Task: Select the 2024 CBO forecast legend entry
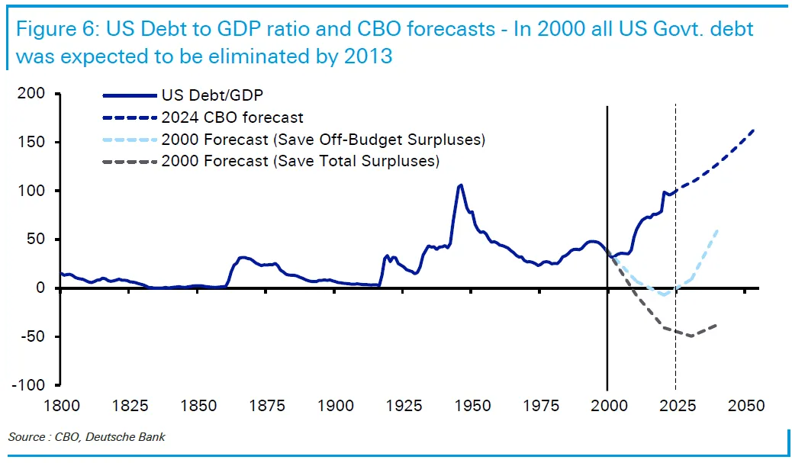[x=232, y=118]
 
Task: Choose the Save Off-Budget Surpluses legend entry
[x=323, y=140]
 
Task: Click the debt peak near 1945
[x=461, y=185]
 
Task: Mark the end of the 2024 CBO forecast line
[x=754, y=130]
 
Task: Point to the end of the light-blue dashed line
[x=718, y=230]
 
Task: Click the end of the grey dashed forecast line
[x=716, y=325]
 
